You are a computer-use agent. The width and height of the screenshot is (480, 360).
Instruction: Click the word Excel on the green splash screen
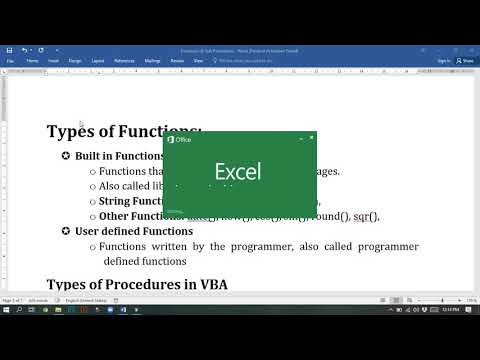pyautogui.click(x=238, y=171)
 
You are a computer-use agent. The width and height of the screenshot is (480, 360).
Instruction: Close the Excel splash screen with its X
pyautogui.click(x=312, y=137)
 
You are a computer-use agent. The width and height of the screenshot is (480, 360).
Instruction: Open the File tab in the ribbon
pyautogui.click(x=10, y=60)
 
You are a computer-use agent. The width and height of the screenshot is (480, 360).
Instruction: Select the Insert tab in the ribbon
pyautogui.click(x=52, y=60)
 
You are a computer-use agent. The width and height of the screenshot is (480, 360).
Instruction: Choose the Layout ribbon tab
pyautogui.click(x=98, y=60)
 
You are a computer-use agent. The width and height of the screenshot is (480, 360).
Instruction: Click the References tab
pyautogui.click(x=124, y=60)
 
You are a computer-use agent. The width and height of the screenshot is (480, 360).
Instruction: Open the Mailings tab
pyautogui.click(x=151, y=60)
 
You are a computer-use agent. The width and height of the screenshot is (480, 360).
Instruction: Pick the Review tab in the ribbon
pyautogui.click(x=177, y=60)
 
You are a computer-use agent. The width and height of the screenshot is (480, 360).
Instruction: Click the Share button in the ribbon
pyautogui.click(x=465, y=60)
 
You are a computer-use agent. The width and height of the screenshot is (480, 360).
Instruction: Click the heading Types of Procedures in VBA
pyautogui.click(x=137, y=284)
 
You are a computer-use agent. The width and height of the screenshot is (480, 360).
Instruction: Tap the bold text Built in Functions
pyautogui.click(x=120, y=156)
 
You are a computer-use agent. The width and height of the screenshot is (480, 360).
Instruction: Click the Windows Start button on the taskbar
pyautogui.click(x=8, y=310)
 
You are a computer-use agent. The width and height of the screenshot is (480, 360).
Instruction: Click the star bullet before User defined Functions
pyautogui.click(x=66, y=231)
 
